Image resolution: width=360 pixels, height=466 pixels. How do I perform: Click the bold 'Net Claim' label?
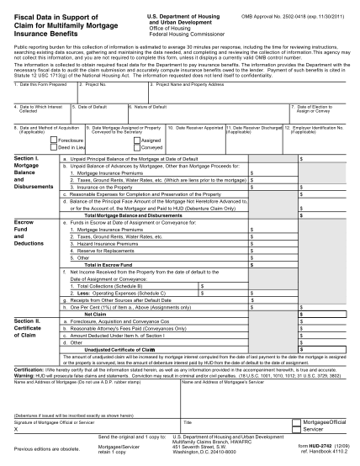[x=107, y=314]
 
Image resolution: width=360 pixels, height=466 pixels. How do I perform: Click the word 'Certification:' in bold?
[x=29, y=368]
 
